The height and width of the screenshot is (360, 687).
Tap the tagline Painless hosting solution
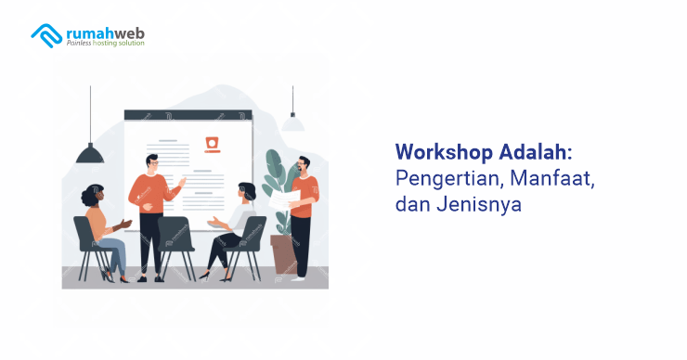coord(104,45)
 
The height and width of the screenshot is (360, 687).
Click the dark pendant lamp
coord(90,153)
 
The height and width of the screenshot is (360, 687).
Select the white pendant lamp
coord(293,122)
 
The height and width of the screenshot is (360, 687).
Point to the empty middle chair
coord(175,243)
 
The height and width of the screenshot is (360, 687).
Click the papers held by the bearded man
coord(280,196)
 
